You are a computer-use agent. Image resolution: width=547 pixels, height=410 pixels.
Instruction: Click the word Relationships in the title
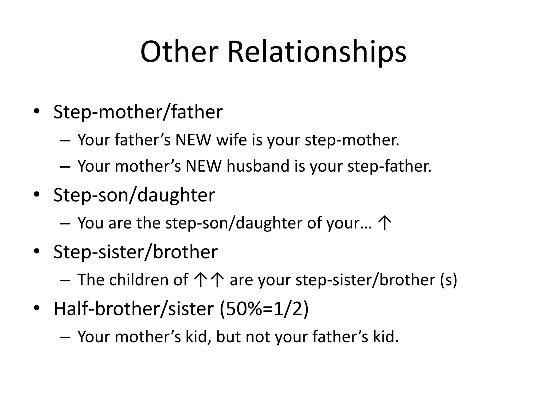point(317,52)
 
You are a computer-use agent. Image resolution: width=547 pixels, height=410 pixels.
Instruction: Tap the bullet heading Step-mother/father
point(138,112)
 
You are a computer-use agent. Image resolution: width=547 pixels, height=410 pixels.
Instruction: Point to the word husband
point(258,166)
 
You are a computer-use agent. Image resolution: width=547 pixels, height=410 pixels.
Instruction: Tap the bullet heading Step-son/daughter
point(134,195)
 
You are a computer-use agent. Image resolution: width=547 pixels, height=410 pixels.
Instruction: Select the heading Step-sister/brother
point(135,252)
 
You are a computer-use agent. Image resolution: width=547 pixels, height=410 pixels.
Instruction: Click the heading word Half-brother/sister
point(134,309)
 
